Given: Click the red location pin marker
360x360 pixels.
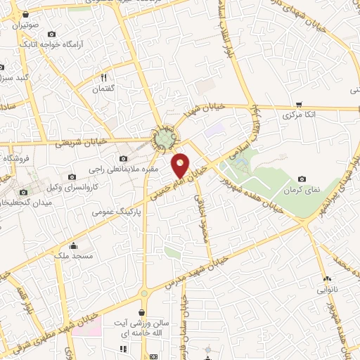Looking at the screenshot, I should coord(181,165).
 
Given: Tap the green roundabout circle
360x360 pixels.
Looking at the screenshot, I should coord(165,139).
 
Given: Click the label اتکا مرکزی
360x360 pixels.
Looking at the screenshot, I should coord(304,114).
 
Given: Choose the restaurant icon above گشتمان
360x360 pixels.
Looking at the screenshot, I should coord(103,77).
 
